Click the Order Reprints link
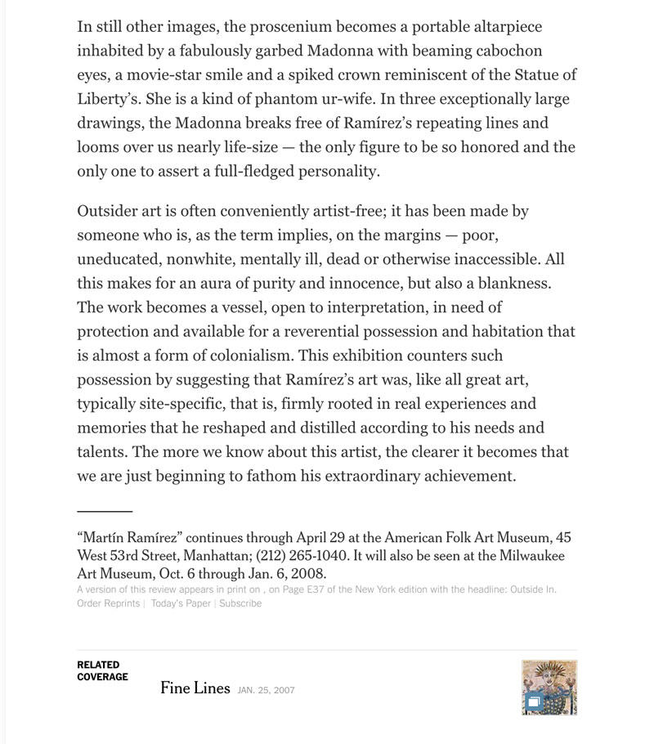(108, 603)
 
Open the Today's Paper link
(181, 603)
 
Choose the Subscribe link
(240, 603)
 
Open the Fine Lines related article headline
(195, 688)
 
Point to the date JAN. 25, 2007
(266, 690)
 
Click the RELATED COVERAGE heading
(102, 671)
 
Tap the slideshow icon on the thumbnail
(533, 701)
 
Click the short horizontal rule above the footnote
(105, 511)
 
